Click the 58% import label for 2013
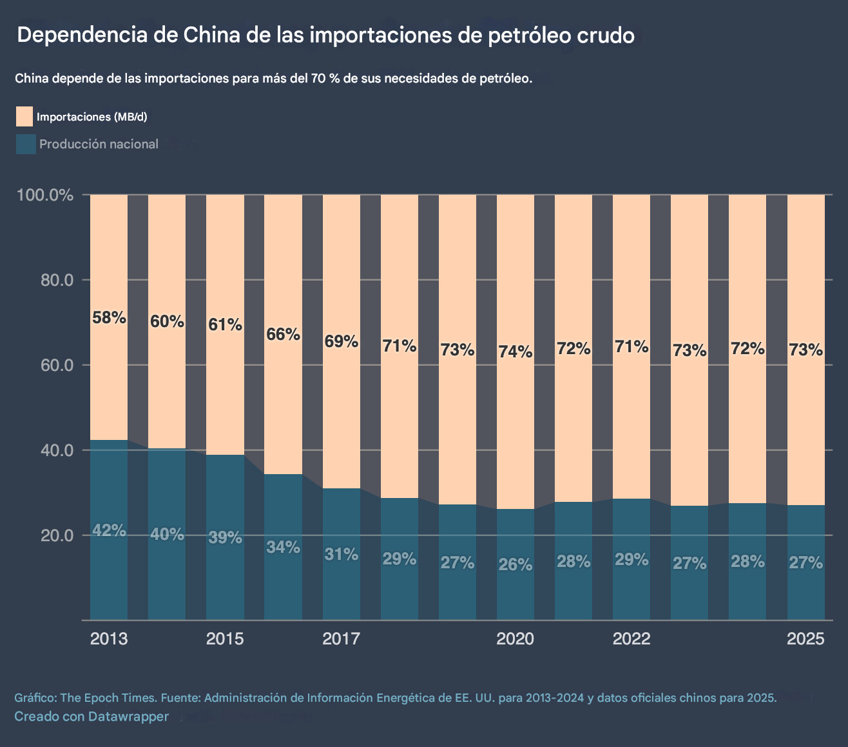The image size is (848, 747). [109, 317]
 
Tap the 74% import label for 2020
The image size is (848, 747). [516, 352]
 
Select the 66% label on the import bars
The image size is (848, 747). [283, 334]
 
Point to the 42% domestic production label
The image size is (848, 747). [109, 530]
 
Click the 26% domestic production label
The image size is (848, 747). [516, 564]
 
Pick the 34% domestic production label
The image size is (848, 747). [283, 547]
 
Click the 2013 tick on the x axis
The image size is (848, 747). [109, 639]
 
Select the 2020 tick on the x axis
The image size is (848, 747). [516, 639]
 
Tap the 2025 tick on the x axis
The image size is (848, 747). [805, 639]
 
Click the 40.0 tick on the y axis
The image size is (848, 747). [55, 450]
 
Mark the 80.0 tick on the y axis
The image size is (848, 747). [55, 280]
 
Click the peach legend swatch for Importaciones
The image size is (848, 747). [24, 117]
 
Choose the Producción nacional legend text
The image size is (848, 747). [99, 144]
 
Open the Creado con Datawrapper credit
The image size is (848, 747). [92, 716]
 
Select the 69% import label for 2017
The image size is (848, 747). [341, 341]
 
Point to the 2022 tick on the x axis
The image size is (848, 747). [631, 639]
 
